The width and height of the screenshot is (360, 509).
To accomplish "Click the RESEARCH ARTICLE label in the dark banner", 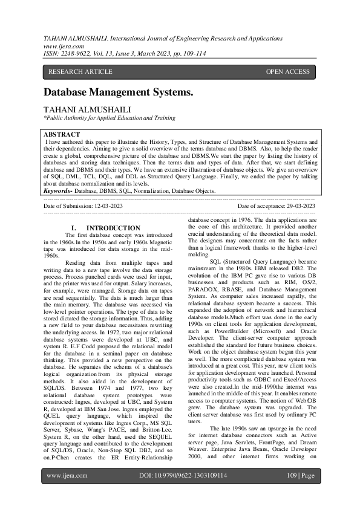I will tap(80, 72).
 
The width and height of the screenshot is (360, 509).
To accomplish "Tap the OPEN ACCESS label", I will tap(287, 72).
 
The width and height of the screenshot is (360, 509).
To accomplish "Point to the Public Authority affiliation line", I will tap(109, 118).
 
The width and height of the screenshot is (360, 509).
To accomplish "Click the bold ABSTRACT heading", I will tap(62, 134).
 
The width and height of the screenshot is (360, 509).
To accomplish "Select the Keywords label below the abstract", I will tap(57, 190).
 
